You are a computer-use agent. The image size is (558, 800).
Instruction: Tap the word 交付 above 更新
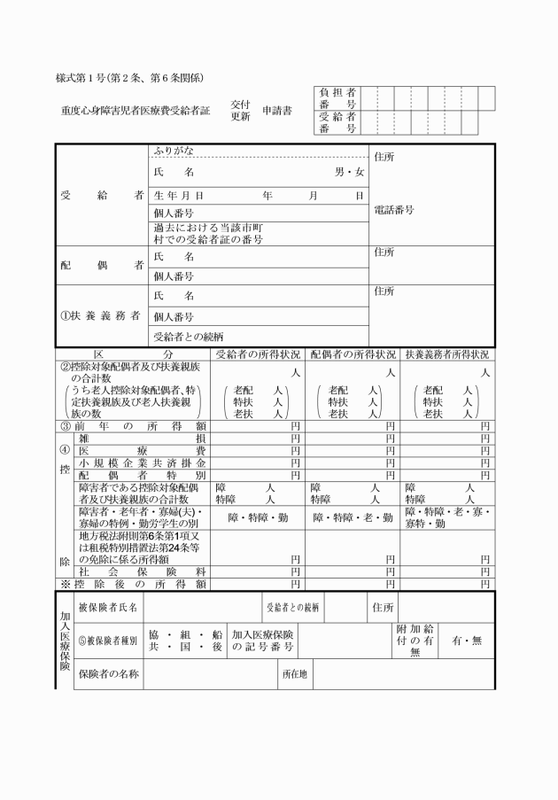pos(240,104)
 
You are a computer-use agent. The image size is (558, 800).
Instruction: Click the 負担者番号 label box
pos(337,98)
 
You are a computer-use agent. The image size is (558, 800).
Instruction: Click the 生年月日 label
pos(179,194)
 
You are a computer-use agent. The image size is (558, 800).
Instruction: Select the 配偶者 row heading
pos(102,265)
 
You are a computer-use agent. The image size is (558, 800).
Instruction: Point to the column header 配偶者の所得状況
pos(353,353)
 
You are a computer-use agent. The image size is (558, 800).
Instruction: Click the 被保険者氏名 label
pos(108,608)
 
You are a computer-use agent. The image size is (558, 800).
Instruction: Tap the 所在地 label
pos(294,674)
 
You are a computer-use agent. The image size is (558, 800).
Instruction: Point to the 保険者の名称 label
pos(108,674)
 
